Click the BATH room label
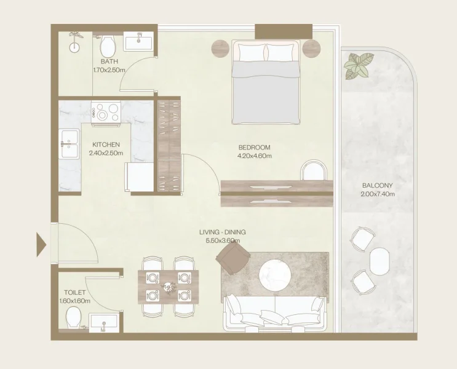[x=109, y=62]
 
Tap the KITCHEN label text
[x=106, y=145]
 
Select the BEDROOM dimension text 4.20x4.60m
[x=254, y=156]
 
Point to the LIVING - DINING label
[x=222, y=232]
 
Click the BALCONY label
[x=377, y=186]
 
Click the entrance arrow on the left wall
[x=41, y=244]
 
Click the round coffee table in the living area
[x=274, y=275]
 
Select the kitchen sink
[x=68, y=144]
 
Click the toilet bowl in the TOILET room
[x=73, y=319]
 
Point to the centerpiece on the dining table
[x=168, y=287]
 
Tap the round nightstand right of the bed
[x=312, y=48]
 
